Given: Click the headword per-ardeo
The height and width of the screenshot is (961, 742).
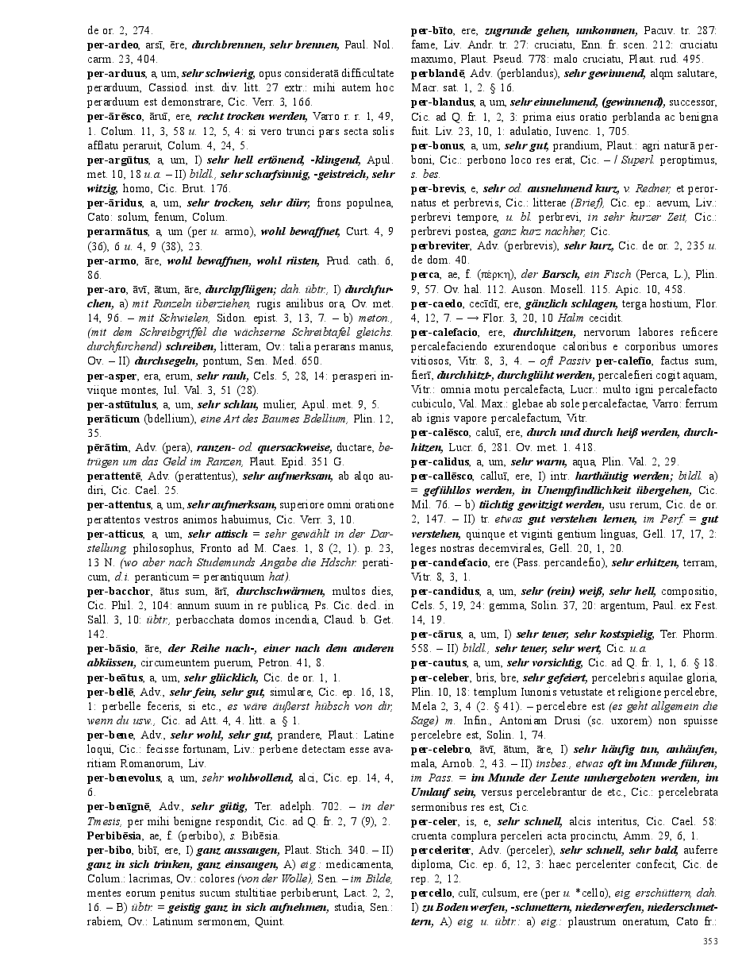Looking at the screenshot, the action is [x=111, y=44].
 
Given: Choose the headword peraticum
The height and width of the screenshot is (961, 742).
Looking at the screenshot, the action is [x=113, y=419].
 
